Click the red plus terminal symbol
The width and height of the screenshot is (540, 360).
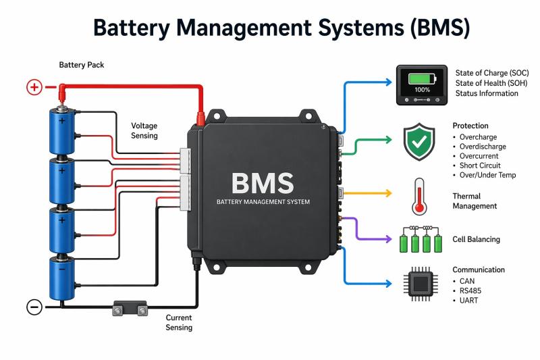(x=34, y=87)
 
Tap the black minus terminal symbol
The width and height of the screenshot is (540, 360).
(x=34, y=307)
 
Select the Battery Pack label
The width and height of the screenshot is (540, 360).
(x=82, y=65)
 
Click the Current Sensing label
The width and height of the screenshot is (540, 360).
(x=179, y=322)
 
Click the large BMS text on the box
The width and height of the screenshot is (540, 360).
(x=263, y=182)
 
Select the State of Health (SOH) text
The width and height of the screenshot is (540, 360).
(x=490, y=83)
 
